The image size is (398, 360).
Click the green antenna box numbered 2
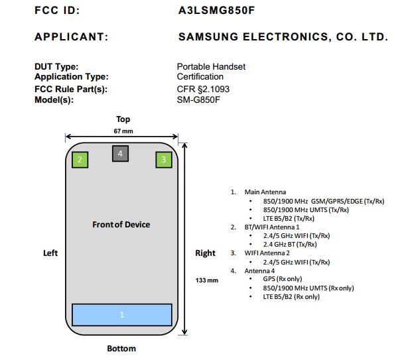(x=80, y=159)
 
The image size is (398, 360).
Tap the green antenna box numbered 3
(x=164, y=159)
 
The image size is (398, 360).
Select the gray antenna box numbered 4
(x=120, y=154)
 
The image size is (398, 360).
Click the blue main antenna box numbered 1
(x=122, y=315)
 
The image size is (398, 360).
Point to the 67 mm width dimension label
(x=123, y=131)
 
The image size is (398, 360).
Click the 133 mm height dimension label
(x=207, y=280)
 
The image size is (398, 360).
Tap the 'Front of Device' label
(x=121, y=225)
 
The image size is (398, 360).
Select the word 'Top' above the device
(x=123, y=119)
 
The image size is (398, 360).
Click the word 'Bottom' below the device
(x=121, y=349)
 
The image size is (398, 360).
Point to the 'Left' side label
(x=50, y=253)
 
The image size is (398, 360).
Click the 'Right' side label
(x=205, y=253)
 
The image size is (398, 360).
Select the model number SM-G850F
(x=198, y=99)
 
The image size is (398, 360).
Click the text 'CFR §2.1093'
(x=203, y=89)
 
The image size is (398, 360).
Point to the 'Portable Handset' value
(x=211, y=67)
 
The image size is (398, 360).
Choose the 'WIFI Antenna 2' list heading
(x=270, y=253)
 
